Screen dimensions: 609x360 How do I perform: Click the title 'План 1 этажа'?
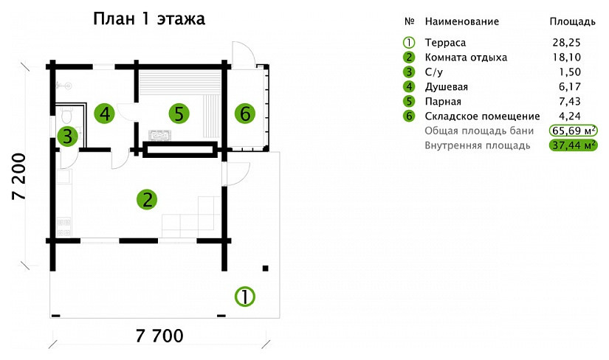149,18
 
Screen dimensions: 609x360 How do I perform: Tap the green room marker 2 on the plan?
147,200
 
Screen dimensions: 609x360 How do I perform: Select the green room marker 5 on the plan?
179,114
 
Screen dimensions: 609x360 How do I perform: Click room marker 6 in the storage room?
245,114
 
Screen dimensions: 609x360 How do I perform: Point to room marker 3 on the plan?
68,136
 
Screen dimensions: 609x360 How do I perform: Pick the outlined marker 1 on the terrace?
244,297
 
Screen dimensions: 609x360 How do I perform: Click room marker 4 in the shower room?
105,114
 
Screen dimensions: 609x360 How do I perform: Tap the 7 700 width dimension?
159,336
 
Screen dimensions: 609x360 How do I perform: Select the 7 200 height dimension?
19,177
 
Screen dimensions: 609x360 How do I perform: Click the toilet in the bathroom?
66,114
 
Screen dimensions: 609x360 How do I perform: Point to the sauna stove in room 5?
159,136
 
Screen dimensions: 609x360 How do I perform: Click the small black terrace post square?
266,268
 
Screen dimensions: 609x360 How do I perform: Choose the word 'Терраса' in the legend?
445,42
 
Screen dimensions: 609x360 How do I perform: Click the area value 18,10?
567,57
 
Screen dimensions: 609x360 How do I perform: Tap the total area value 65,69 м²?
574,131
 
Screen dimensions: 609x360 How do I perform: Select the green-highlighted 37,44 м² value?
574,145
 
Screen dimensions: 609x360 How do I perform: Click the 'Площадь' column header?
573,21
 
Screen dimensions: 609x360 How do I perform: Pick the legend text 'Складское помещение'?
482,116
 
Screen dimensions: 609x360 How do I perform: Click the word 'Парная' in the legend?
443,101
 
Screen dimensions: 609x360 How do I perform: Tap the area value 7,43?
570,101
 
